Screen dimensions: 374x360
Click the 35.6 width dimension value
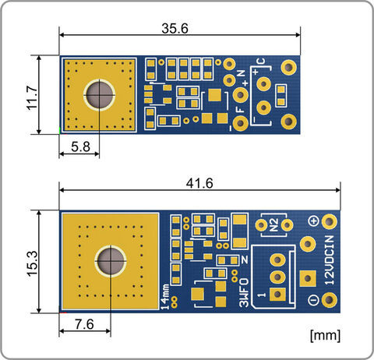tap(175, 28)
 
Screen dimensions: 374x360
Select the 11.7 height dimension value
tap(33, 98)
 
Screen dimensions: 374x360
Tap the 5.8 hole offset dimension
tap(81, 146)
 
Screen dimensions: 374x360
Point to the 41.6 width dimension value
tap(199, 183)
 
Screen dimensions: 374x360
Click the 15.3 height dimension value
tap(33, 263)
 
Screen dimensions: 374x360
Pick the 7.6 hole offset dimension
tap(84, 324)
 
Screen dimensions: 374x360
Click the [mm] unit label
tap(325, 335)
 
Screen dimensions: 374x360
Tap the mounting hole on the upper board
tap(99, 95)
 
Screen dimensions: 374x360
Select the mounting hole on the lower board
tap(111, 261)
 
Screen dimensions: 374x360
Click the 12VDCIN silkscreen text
tap(330, 260)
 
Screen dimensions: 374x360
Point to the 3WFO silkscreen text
tap(244, 292)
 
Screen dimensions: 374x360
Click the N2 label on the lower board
tap(274, 225)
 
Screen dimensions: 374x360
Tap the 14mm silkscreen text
tap(165, 297)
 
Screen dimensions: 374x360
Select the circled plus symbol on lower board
tap(313, 221)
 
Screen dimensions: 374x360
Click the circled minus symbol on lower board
tap(313, 300)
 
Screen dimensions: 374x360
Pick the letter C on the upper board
tap(260, 62)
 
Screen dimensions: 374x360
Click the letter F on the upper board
tap(241, 110)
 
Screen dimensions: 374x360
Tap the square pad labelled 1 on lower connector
tap(277, 295)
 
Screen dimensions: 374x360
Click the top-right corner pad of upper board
tap(288, 67)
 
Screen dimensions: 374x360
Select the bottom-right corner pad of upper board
tap(288, 122)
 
